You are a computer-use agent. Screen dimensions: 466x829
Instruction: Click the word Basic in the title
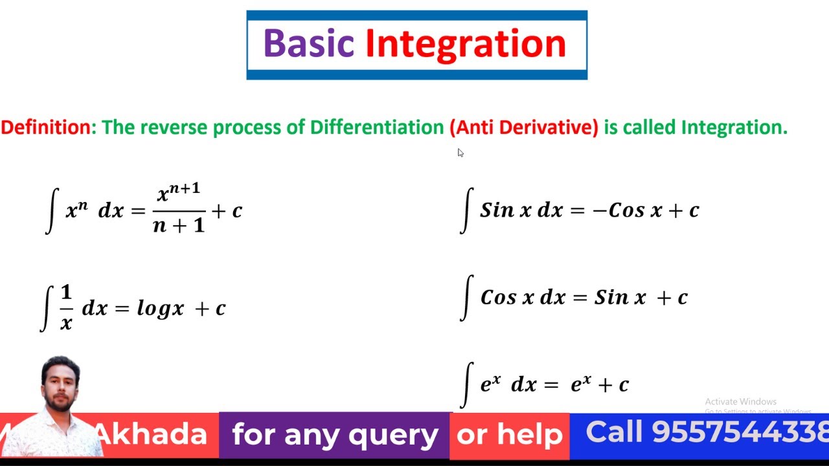pos(308,43)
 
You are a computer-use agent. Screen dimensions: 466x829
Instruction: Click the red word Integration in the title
pos(466,43)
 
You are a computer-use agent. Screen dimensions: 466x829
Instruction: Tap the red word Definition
pos(48,127)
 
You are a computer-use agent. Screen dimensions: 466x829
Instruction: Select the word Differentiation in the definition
pos(376,127)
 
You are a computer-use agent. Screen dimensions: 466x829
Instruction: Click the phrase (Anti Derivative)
pos(524,127)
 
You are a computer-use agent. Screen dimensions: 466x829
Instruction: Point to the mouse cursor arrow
pos(460,153)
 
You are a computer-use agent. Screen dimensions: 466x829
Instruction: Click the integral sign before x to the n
pos(52,211)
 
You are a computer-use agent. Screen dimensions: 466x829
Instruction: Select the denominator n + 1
pos(179,225)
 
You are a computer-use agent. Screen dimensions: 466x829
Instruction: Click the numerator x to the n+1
pos(179,193)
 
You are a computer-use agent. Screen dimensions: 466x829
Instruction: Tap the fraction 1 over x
pos(66,309)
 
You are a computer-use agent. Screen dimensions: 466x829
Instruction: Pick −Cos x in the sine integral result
pos(627,210)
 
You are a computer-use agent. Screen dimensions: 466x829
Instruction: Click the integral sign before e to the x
pos(466,384)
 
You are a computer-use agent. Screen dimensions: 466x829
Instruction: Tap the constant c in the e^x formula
pos(623,385)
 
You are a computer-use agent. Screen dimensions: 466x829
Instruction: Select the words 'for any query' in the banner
pos(335,434)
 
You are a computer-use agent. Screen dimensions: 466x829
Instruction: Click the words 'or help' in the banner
pos(509,435)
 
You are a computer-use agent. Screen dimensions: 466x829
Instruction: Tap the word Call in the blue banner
pos(615,432)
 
